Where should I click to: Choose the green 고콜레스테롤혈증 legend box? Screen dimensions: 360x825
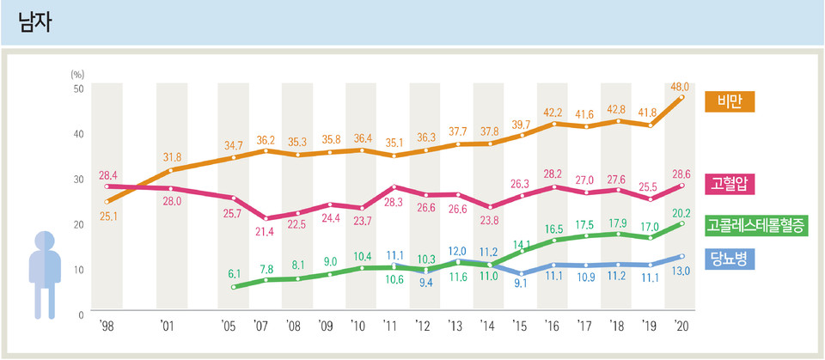click(x=756, y=226)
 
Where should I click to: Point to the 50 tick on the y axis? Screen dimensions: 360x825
click(x=77, y=88)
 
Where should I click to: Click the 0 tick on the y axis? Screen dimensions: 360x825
click(x=81, y=314)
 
